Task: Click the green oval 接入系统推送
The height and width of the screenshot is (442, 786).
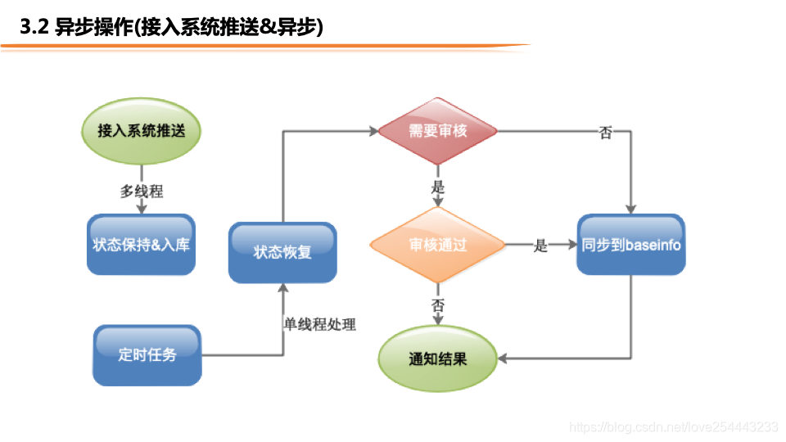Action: [141, 131]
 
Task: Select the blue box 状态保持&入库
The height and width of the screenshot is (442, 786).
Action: [141, 244]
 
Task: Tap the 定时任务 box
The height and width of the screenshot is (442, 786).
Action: [147, 354]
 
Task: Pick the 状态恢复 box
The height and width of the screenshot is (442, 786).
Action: [282, 252]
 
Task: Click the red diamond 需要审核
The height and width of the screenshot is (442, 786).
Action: [438, 131]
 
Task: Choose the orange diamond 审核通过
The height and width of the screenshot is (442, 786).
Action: [438, 245]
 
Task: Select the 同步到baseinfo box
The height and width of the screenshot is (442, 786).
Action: [631, 245]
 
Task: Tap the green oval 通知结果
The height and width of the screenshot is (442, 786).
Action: [438, 359]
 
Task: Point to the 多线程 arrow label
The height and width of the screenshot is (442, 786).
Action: [142, 192]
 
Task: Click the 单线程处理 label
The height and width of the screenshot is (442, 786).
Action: [319, 323]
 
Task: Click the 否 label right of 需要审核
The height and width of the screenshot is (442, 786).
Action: [605, 133]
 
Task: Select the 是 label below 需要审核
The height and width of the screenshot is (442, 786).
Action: [438, 187]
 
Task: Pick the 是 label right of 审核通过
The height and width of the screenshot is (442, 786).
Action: [540, 246]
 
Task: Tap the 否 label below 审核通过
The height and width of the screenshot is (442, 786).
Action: [438, 304]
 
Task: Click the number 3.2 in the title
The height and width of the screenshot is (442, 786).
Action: [34, 28]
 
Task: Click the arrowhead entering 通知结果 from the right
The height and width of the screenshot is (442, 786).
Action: [504, 359]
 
